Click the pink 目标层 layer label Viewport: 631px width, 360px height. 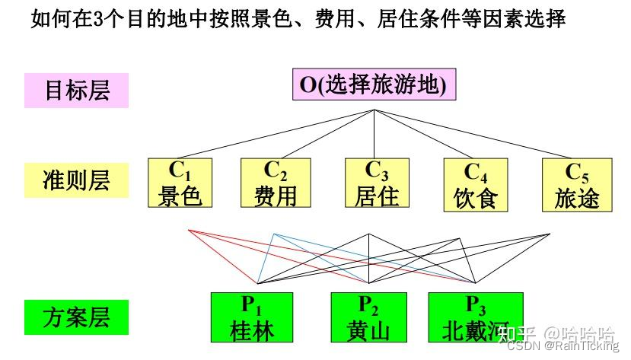[76, 90]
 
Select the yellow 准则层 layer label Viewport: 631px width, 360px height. [76, 180]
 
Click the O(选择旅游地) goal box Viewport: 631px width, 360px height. [373, 84]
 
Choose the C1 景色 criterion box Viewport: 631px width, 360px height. [180, 183]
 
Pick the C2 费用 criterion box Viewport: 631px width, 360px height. [275, 183]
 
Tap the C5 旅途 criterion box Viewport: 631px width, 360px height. [577, 183]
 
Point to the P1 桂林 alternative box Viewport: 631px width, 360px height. [252, 317]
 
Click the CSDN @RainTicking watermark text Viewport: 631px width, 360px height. [563, 346]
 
